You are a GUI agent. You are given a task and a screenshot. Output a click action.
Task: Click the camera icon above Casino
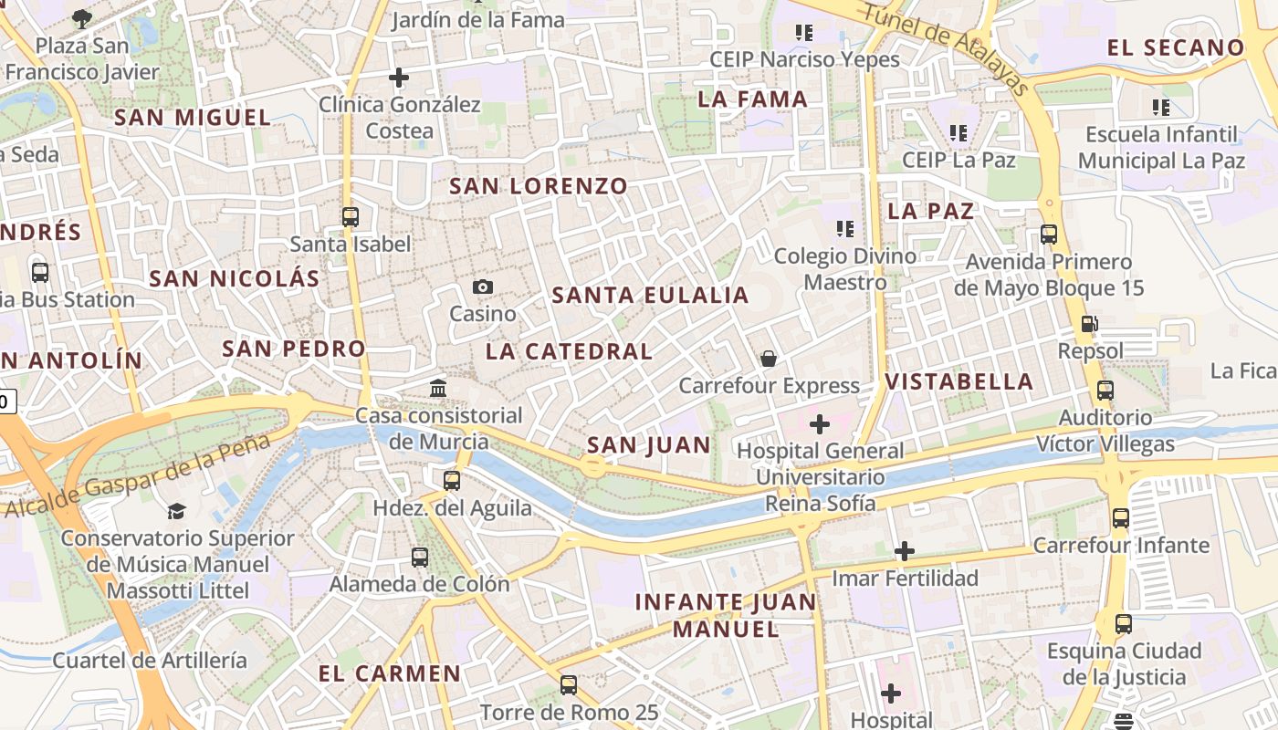click(483, 287)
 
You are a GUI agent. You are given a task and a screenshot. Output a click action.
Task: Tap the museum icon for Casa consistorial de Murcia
click(438, 389)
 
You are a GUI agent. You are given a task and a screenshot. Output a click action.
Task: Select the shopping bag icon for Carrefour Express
click(769, 359)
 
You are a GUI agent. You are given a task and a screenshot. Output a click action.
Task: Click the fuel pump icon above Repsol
click(1089, 323)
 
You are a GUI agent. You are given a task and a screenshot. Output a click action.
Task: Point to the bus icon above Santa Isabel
click(351, 217)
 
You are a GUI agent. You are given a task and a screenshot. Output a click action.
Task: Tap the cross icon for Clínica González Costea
click(399, 78)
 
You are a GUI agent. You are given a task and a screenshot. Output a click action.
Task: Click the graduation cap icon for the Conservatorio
click(176, 511)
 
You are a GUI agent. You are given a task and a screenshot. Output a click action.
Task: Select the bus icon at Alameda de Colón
click(420, 557)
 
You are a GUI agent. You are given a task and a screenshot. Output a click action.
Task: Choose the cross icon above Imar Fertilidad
click(905, 551)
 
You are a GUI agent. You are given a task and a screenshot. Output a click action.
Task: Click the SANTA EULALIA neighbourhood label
click(650, 295)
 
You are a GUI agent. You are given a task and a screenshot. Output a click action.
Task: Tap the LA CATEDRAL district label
click(569, 351)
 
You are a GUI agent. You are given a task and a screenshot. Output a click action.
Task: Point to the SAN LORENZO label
click(539, 186)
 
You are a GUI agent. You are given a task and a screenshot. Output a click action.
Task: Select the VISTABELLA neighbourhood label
click(959, 381)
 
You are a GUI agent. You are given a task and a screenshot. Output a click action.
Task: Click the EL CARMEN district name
click(390, 674)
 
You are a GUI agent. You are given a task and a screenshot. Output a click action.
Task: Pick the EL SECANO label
click(1176, 47)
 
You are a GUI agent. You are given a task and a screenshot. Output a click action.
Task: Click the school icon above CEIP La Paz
click(958, 133)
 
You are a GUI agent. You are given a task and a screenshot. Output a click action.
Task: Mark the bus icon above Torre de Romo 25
click(569, 684)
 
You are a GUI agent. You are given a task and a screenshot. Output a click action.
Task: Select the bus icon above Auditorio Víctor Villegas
click(1105, 391)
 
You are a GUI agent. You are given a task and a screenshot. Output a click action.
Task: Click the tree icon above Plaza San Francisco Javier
click(82, 17)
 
